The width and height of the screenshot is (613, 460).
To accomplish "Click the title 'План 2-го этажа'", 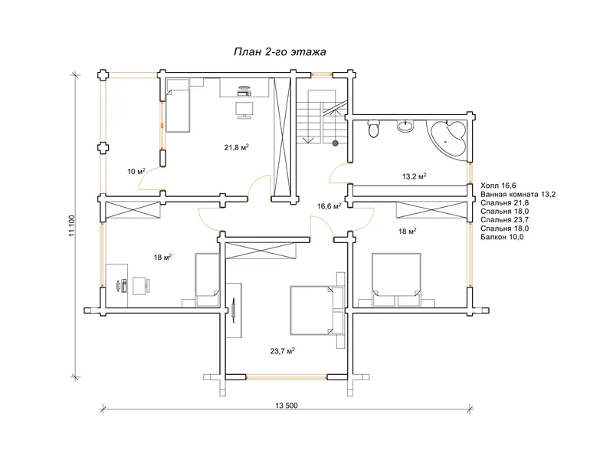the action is click(280, 52).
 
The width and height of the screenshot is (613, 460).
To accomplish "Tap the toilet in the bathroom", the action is click(373, 128).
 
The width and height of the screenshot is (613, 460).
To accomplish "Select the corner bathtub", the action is click(447, 139).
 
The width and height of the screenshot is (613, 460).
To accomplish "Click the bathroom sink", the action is click(405, 126).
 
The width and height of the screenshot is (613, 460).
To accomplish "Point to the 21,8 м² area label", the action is click(237, 147).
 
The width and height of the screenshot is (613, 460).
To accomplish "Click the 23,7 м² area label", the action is click(282, 351).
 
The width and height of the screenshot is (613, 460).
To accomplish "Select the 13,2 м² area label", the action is click(414, 176).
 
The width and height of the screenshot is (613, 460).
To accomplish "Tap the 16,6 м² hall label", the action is click(329, 206).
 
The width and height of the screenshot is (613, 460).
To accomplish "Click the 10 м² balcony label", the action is click(136, 171).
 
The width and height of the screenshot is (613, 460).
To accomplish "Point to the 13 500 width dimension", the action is click(286, 406).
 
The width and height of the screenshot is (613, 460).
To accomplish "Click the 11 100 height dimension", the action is click(71, 225).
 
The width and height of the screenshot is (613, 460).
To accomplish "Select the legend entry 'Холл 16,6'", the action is click(498, 186).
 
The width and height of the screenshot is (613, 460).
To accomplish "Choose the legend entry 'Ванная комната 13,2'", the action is click(518, 194).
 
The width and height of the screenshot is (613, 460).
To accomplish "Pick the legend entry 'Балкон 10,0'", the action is click(502, 237).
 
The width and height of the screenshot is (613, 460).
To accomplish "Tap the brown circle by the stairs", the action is click(335, 143).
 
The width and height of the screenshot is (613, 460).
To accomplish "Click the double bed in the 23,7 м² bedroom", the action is click(311, 310).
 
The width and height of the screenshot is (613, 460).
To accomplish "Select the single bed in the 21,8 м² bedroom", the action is click(178, 106).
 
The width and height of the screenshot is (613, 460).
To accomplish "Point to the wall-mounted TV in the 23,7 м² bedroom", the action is click(234, 310).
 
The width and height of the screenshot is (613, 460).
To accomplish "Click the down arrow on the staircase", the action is click(310, 140).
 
